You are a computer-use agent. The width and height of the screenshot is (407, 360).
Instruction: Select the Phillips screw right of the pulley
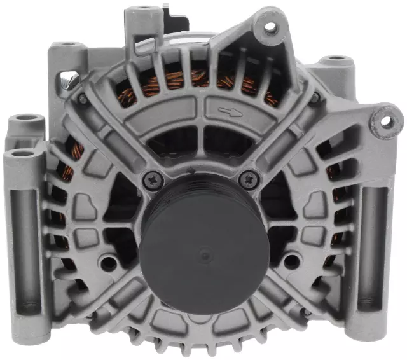click(x=245, y=180)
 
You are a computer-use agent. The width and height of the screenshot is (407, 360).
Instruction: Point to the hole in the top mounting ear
click(x=270, y=27)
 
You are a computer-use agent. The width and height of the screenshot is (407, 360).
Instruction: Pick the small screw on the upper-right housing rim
click(x=314, y=97)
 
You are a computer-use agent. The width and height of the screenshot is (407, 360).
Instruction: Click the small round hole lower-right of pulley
click(x=291, y=260)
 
